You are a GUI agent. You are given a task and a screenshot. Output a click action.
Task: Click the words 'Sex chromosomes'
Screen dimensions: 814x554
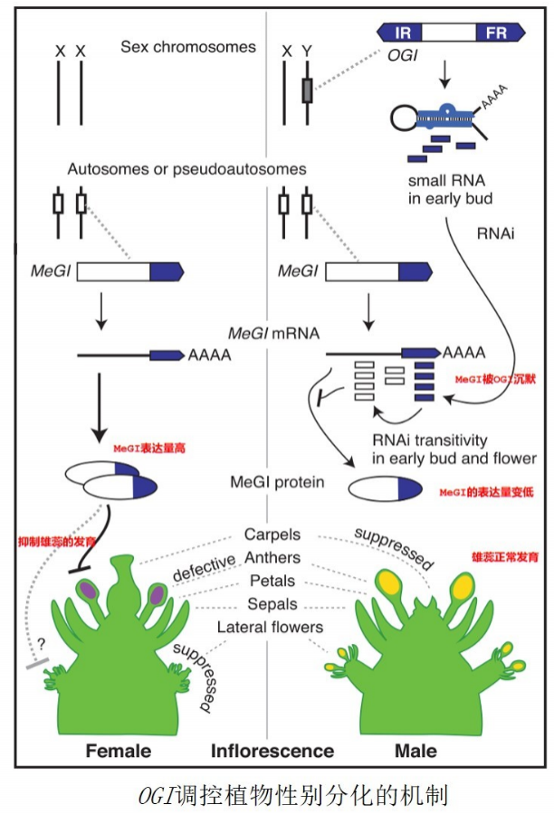(188, 46)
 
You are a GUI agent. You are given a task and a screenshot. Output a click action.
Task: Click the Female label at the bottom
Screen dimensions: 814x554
(118, 751)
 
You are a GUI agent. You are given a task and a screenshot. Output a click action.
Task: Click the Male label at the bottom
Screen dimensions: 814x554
(415, 751)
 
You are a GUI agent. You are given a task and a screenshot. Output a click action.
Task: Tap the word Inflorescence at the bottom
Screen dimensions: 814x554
(272, 751)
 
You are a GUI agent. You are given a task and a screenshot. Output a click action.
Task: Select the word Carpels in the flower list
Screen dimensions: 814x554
(272, 535)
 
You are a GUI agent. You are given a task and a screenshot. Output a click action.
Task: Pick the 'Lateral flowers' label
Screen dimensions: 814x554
(270, 627)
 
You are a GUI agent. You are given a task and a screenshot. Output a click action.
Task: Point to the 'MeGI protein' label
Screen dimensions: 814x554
(277, 482)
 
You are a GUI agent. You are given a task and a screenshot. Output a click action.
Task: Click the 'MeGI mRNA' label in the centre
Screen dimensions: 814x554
(280, 334)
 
